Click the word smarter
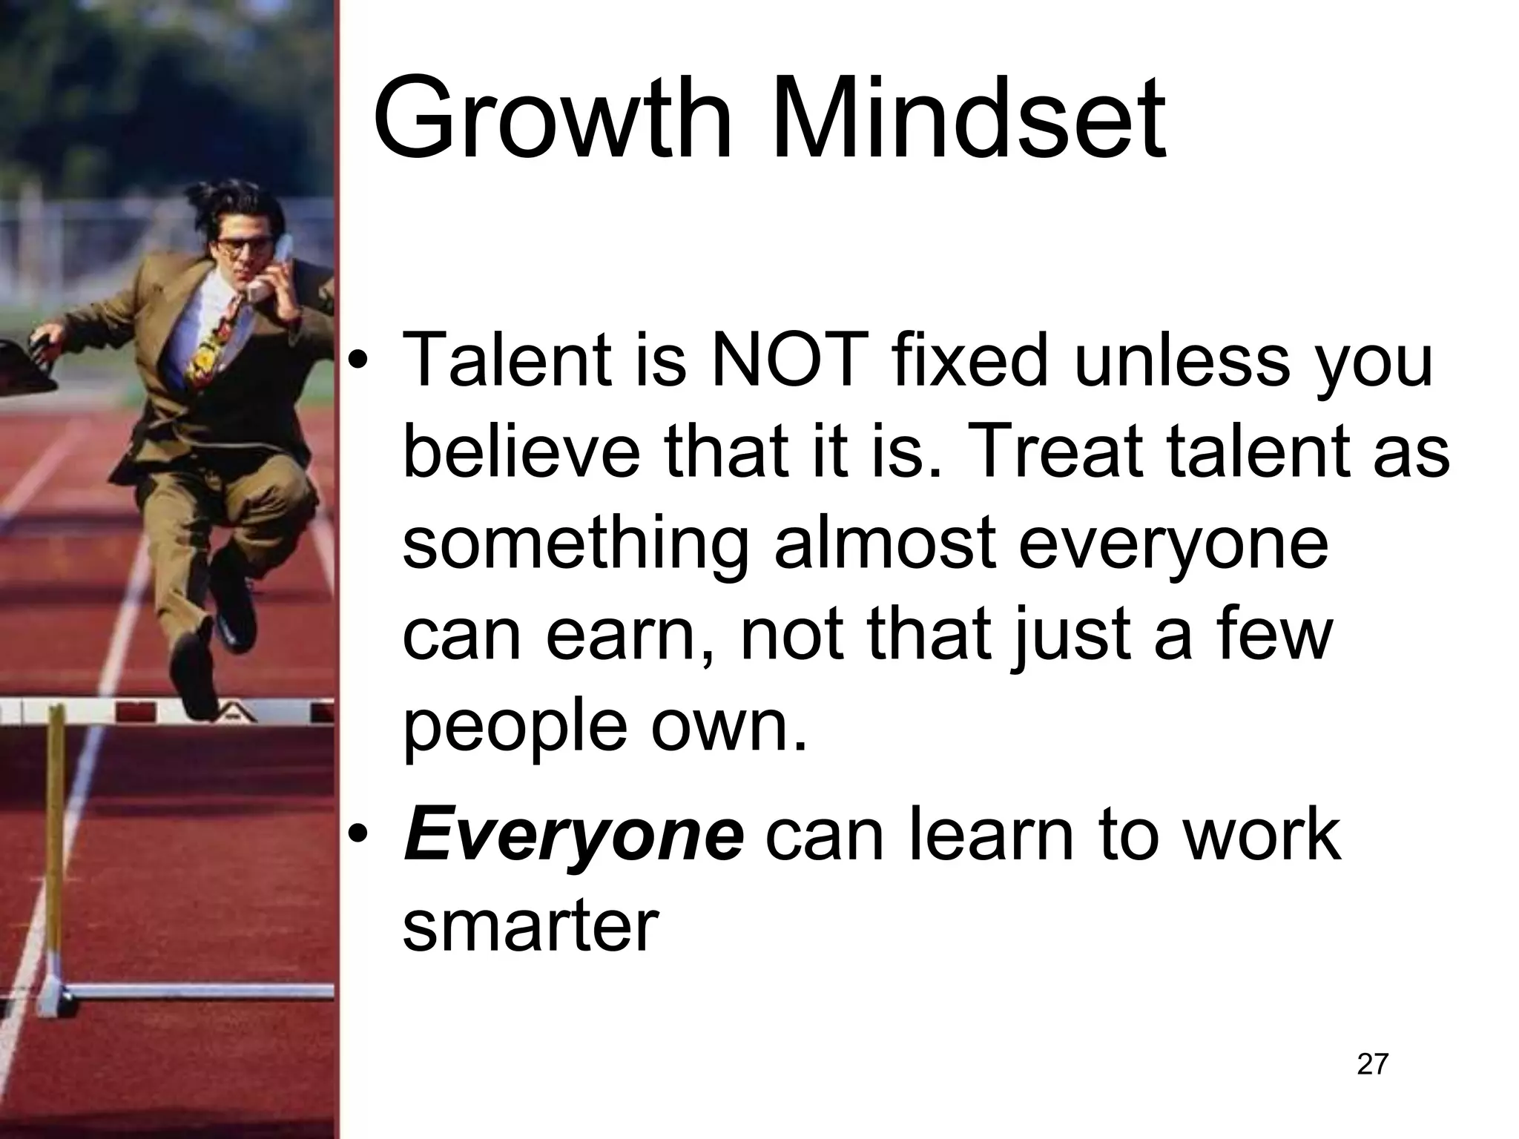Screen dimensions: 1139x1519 click(x=530, y=927)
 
